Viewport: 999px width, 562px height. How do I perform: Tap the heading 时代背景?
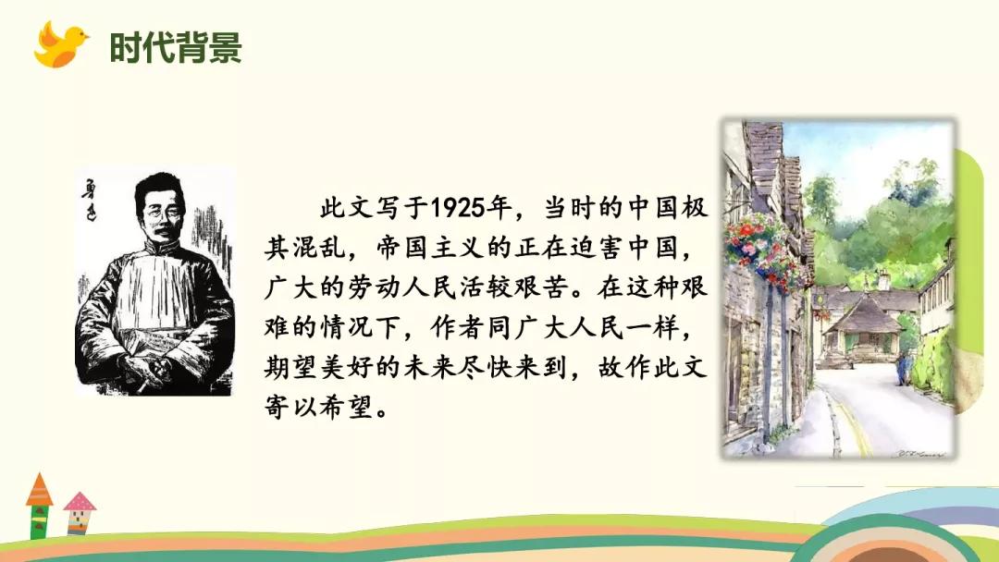[x=175, y=47]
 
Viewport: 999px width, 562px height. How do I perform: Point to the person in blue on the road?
[x=903, y=370]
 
